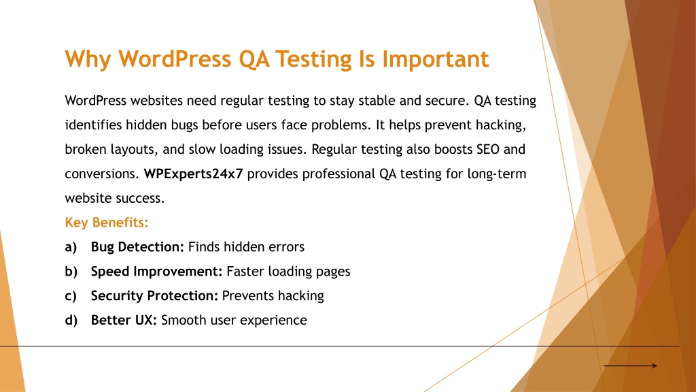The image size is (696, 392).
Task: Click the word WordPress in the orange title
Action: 175,59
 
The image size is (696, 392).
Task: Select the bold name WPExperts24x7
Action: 194,174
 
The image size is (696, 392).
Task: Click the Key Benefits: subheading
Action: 107,223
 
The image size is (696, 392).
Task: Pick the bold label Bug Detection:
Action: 137,246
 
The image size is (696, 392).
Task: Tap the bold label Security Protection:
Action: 154,295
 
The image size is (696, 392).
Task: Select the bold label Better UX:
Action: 124,320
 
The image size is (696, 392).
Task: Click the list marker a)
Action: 71,247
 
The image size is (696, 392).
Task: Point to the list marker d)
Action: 71,321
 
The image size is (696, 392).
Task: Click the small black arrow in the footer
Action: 630,365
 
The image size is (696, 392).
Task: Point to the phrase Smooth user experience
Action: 234,321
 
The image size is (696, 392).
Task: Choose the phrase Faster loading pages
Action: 288,272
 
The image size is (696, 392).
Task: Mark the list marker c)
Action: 71,296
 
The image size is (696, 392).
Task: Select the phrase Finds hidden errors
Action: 246,246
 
